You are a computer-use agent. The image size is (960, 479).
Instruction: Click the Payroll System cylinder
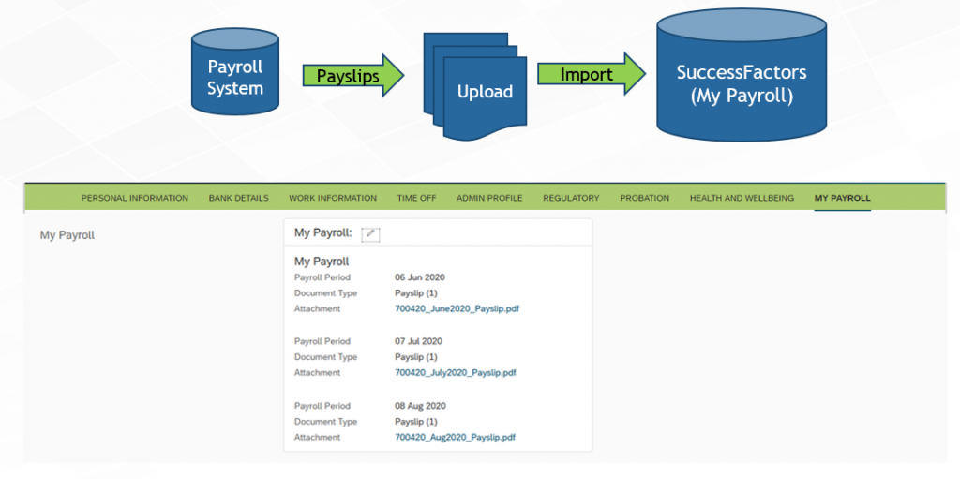(235, 71)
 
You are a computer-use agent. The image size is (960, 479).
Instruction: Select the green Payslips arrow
(353, 75)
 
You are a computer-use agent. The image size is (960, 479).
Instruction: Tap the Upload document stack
(475, 85)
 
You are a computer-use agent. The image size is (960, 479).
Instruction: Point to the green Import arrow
(592, 74)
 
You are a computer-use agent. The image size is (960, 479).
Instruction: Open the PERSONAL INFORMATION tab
(135, 198)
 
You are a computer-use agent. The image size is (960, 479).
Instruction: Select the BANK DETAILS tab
(239, 198)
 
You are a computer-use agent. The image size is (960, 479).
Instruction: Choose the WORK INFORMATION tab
(333, 198)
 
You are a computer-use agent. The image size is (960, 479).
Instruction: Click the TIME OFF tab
(416, 198)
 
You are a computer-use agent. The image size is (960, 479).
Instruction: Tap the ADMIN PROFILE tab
(489, 198)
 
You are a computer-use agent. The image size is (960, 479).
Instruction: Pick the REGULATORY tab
(571, 198)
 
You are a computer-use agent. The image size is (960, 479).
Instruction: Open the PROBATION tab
(645, 198)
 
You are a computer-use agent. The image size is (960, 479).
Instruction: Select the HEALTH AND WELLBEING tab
(742, 198)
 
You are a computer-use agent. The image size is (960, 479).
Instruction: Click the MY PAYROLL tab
(843, 198)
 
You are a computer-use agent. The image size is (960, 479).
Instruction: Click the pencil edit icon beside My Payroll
(371, 234)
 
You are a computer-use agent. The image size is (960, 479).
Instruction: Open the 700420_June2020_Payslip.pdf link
(457, 308)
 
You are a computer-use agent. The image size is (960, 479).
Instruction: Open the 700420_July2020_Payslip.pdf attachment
(456, 372)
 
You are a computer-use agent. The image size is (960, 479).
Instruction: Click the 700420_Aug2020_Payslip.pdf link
(455, 438)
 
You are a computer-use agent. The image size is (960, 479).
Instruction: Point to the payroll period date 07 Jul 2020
(419, 341)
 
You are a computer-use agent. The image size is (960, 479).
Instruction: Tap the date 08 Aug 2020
(421, 406)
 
